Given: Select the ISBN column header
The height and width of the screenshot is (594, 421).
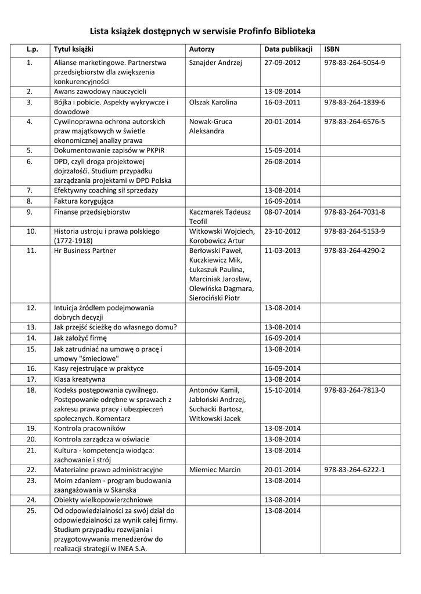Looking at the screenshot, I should click(x=332, y=49).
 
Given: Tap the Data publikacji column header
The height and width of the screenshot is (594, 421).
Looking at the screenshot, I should click(x=289, y=49).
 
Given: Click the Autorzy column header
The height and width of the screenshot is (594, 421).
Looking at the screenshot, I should click(x=202, y=49).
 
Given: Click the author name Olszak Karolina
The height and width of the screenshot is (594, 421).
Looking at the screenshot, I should click(x=213, y=102).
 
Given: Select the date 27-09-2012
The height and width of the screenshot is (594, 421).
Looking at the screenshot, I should click(x=282, y=62).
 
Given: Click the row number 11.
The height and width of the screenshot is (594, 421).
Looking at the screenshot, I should click(x=32, y=251).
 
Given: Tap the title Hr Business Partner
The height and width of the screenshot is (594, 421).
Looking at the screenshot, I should click(x=85, y=251).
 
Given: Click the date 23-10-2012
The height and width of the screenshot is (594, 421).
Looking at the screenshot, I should click(x=282, y=231).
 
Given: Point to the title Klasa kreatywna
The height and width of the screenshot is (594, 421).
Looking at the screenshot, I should click(x=80, y=379).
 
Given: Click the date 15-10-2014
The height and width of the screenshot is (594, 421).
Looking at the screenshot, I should click(x=282, y=390).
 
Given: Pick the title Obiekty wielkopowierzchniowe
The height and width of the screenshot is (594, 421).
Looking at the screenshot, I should click(x=103, y=499).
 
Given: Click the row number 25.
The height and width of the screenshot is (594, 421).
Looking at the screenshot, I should click(x=32, y=510).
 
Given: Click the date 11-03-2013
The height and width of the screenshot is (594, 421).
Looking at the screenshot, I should click(x=282, y=251).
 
